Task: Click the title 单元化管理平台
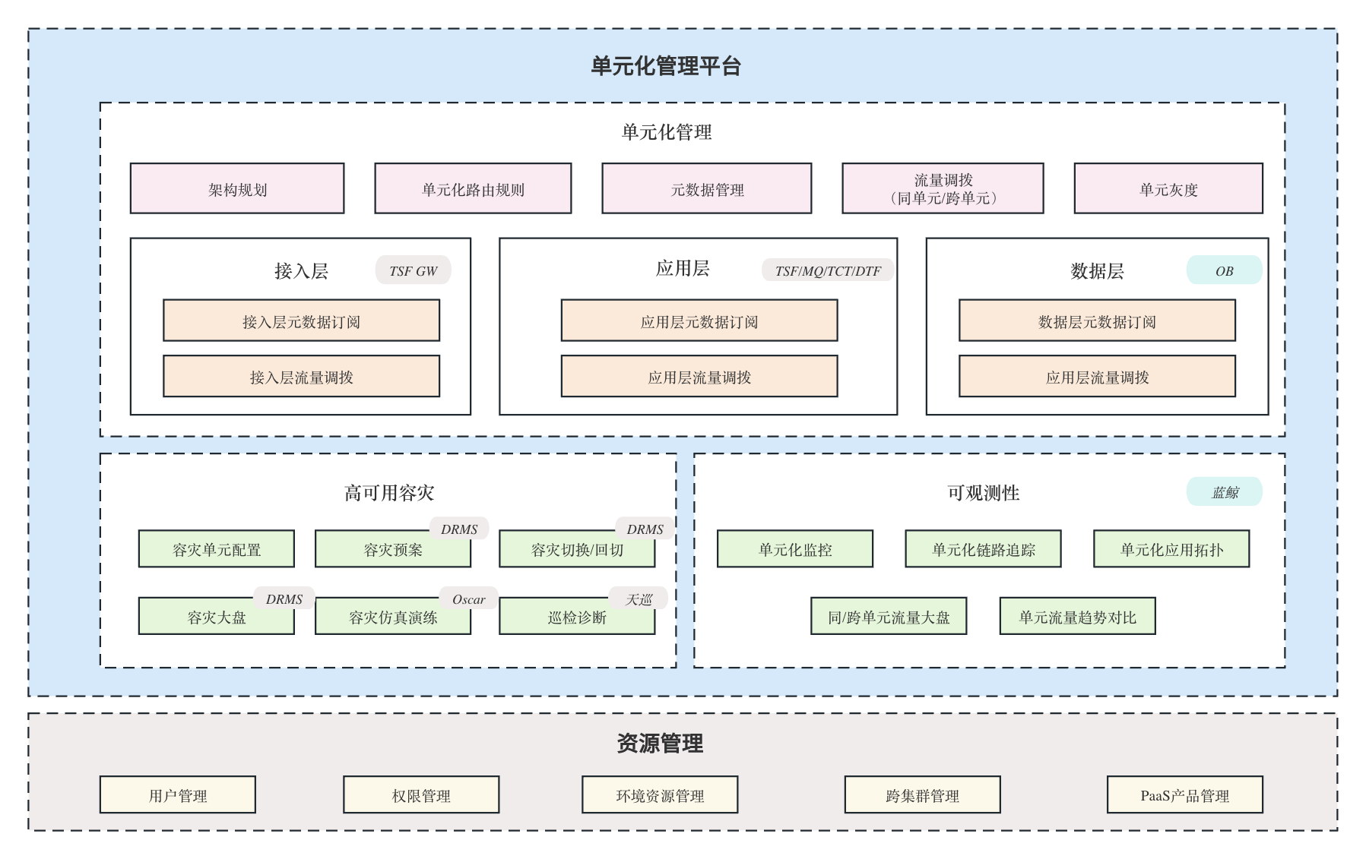click(x=666, y=66)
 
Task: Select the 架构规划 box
click(x=237, y=188)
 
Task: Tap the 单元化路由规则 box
click(x=473, y=188)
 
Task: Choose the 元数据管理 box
click(x=707, y=188)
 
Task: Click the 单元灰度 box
click(x=1168, y=188)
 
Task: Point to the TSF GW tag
click(x=414, y=270)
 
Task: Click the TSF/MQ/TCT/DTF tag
click(x=828, y=270)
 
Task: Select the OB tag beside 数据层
click(x=1225, y=270)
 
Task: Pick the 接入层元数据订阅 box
click(x=301, y=321)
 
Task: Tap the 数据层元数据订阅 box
click(x=1097, y=321)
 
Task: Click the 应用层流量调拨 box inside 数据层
click(x=1097, y=376)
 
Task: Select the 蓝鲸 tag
click(x=1225, y=492)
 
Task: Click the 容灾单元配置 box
click(x=217, y=549)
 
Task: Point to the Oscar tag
click(x=469, y=599)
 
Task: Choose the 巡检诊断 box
click(x=577, y=617)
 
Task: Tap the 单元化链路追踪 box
click(x=984, y=549)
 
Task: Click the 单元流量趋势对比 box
click(x=1078, y=617)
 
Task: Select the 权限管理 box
click(x=421, y=795)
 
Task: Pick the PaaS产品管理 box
click(x=1185, y=795)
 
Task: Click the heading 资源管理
click(x=660, y=743)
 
